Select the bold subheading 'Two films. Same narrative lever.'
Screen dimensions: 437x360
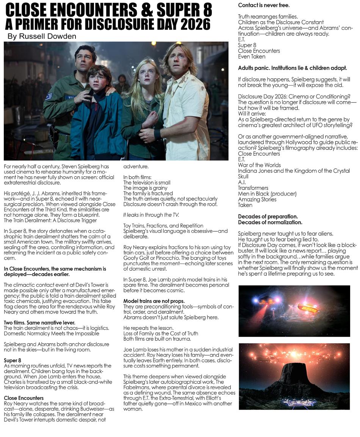point(39,323)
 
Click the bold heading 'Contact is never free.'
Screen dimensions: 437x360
point(264,5)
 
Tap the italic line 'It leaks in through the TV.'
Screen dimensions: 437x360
point(151,215)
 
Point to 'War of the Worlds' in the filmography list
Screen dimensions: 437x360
point(259,165)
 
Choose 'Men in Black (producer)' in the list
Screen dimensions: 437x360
point(267,194)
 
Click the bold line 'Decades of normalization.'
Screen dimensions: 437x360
point(270,222)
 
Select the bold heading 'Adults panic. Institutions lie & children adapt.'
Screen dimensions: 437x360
point(292,68)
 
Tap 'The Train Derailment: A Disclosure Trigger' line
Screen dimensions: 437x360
point(50,220)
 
